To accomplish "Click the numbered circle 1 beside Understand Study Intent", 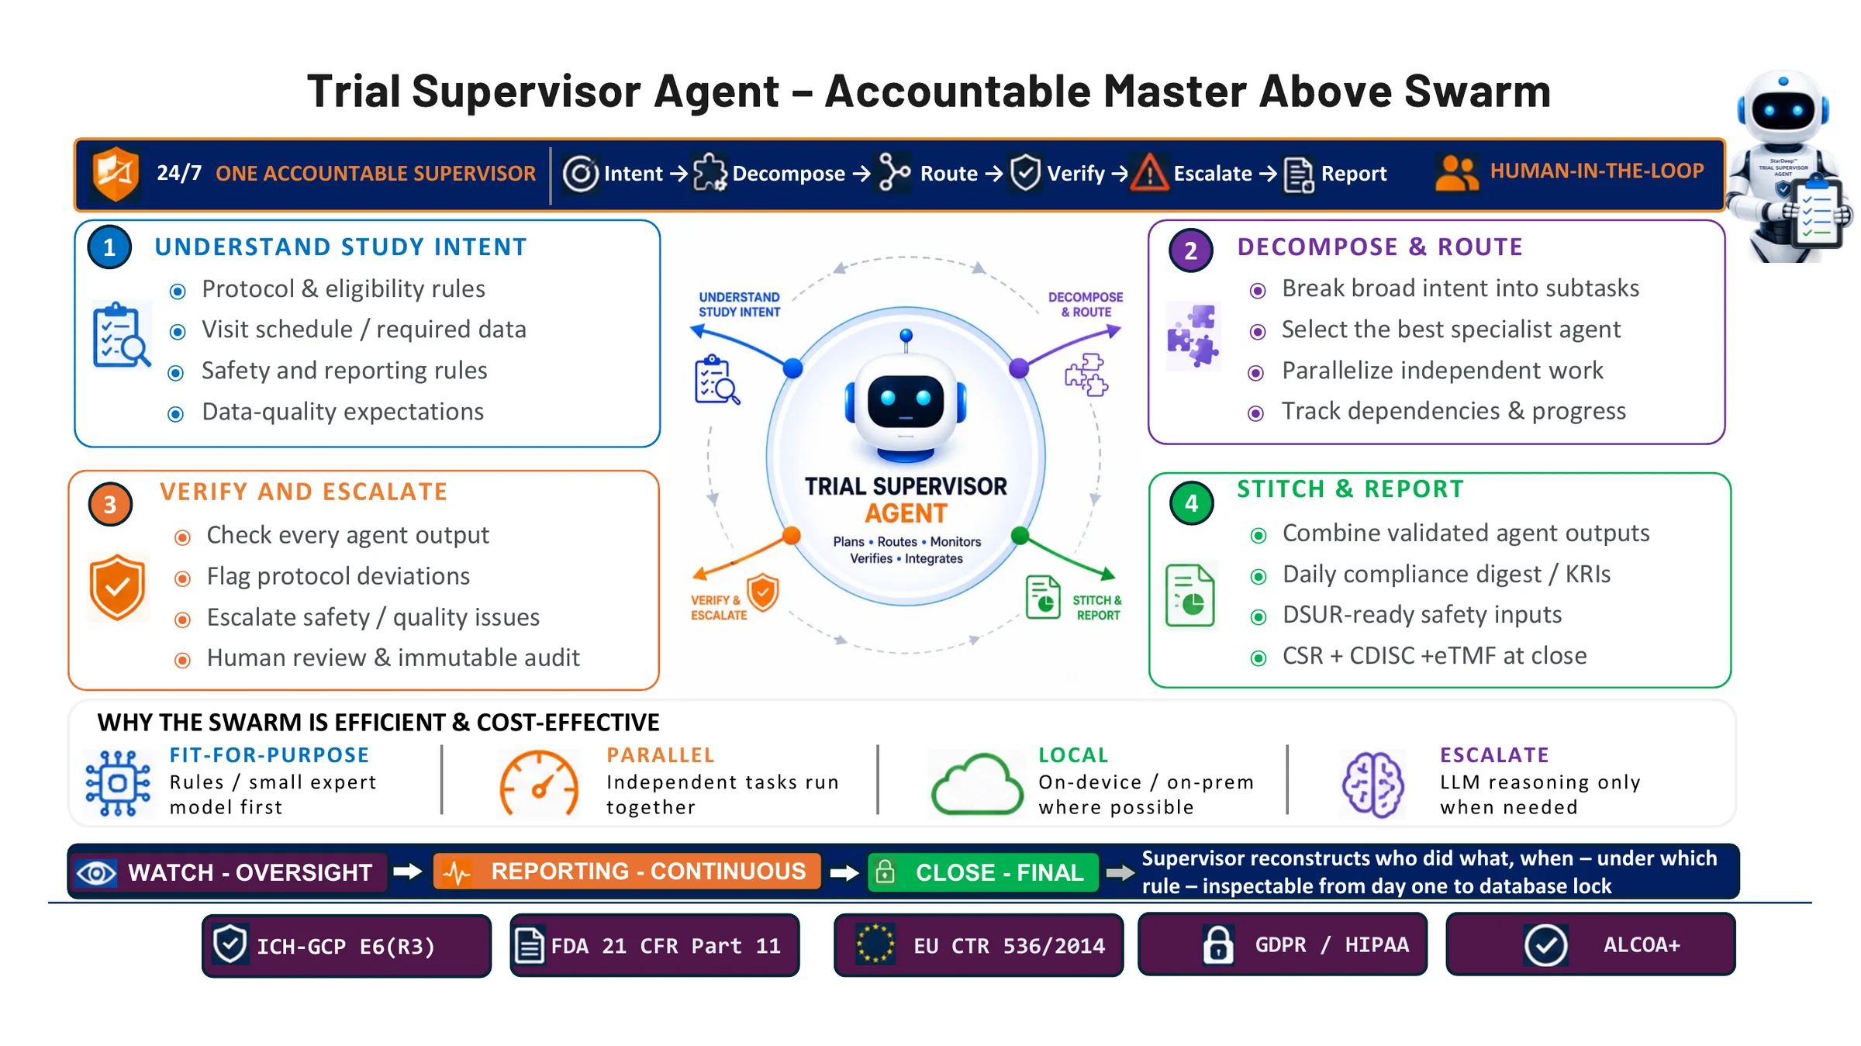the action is (109, 247).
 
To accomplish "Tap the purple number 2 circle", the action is (1191, 250).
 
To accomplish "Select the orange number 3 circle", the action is (110, 504).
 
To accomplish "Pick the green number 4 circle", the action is (1192, 503).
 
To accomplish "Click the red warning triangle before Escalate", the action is (1149, 172).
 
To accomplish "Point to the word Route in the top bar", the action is (949, 174).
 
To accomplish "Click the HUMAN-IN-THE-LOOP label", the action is (1597, 171).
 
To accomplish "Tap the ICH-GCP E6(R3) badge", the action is (347, 945).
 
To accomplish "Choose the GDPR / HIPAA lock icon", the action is (1218, 944).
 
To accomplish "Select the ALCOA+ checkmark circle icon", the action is (1545, 945).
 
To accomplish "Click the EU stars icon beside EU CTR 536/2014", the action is (875, 944).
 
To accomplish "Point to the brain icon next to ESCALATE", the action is (1372, 784).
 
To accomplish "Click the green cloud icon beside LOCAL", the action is (977, 784).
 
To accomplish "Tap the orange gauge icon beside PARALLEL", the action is (539, 783).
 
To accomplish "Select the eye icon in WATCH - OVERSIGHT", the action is (96, 873).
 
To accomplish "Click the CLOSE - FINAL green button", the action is (983, 872).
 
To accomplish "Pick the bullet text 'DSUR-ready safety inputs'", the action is (1422, 615).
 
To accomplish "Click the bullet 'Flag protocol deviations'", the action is (338, 576).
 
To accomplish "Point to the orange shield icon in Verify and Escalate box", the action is (117, 587).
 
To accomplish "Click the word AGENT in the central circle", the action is (906, 513).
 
